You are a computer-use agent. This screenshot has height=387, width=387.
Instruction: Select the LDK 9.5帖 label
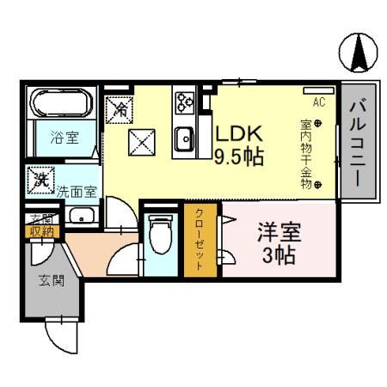tap(238, 146)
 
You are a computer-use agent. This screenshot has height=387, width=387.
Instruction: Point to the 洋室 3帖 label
tap(279, 243)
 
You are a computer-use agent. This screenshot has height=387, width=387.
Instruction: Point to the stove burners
tap(184, 103)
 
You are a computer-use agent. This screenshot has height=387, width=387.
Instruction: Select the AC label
tap(319, 101)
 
